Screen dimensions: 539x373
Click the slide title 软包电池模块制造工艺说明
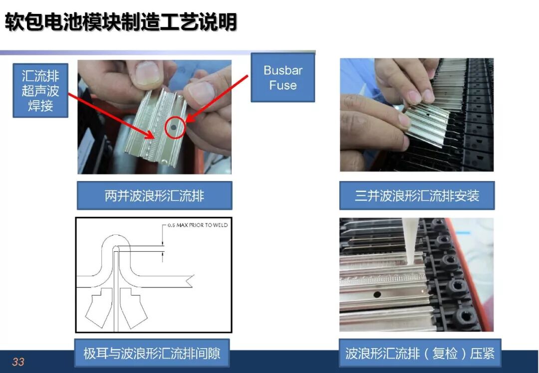121,22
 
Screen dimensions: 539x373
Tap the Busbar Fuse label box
283,78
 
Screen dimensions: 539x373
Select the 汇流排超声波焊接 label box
40,91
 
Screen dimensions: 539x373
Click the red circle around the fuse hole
175,128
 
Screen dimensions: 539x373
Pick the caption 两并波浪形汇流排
154,196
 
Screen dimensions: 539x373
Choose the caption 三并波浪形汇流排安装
417,196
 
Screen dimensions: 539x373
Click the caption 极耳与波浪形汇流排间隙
152,353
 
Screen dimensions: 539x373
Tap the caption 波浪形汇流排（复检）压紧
420,353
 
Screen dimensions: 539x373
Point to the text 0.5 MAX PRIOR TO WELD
198,225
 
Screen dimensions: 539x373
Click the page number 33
18,362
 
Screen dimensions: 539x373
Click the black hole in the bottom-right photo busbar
377,294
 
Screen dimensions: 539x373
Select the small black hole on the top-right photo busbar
427,114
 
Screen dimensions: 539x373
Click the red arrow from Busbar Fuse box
217,99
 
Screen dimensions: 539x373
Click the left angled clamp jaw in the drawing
99,308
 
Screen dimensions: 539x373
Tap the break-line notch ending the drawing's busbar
190,281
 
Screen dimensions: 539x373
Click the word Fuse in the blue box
283,85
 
